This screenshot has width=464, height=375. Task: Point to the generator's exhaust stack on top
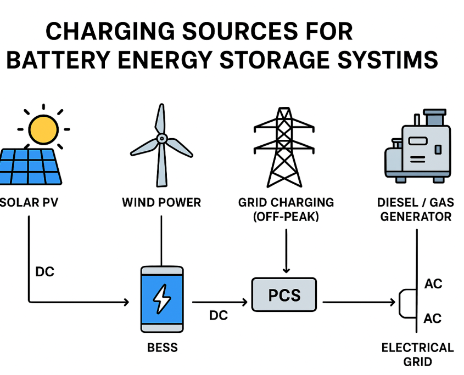click(434, 117)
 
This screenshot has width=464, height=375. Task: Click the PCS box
click(284, 295)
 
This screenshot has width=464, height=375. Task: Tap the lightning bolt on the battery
click(162, 300)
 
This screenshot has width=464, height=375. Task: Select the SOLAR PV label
click(30, 202)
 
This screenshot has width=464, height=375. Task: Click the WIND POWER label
click(161, 202)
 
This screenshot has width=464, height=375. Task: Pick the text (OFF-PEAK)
click(286, 216)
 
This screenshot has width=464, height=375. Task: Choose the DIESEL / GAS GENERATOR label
click(415, 209)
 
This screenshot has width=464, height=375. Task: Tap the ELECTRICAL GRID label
click(417, 354)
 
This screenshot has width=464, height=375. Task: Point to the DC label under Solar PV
click(45, 271)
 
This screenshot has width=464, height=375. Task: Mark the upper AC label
click(433, 284)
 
